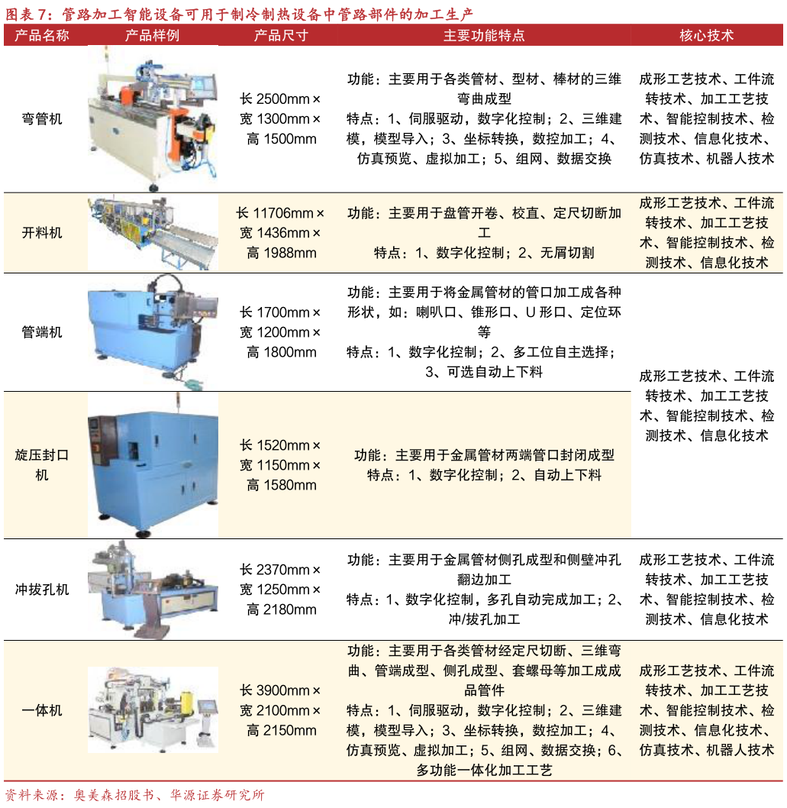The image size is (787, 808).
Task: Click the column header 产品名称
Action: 42,35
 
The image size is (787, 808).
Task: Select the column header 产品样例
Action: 153,35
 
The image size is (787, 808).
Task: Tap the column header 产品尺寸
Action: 281,35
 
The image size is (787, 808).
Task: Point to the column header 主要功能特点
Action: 484,35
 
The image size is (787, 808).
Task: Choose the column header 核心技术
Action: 706,35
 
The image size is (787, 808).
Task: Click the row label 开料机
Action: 42,233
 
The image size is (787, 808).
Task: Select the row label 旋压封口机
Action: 42,464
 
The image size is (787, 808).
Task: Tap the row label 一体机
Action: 42,710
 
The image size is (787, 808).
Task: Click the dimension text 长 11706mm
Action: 281,213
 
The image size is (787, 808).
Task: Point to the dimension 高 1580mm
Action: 281,485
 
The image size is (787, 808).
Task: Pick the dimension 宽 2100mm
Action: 281,710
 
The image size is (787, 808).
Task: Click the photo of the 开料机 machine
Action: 153,233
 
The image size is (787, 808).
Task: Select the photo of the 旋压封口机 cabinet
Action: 153,464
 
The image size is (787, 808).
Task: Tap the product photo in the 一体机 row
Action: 153,710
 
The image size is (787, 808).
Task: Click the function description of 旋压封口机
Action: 484,455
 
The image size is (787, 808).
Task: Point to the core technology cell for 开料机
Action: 706,233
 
